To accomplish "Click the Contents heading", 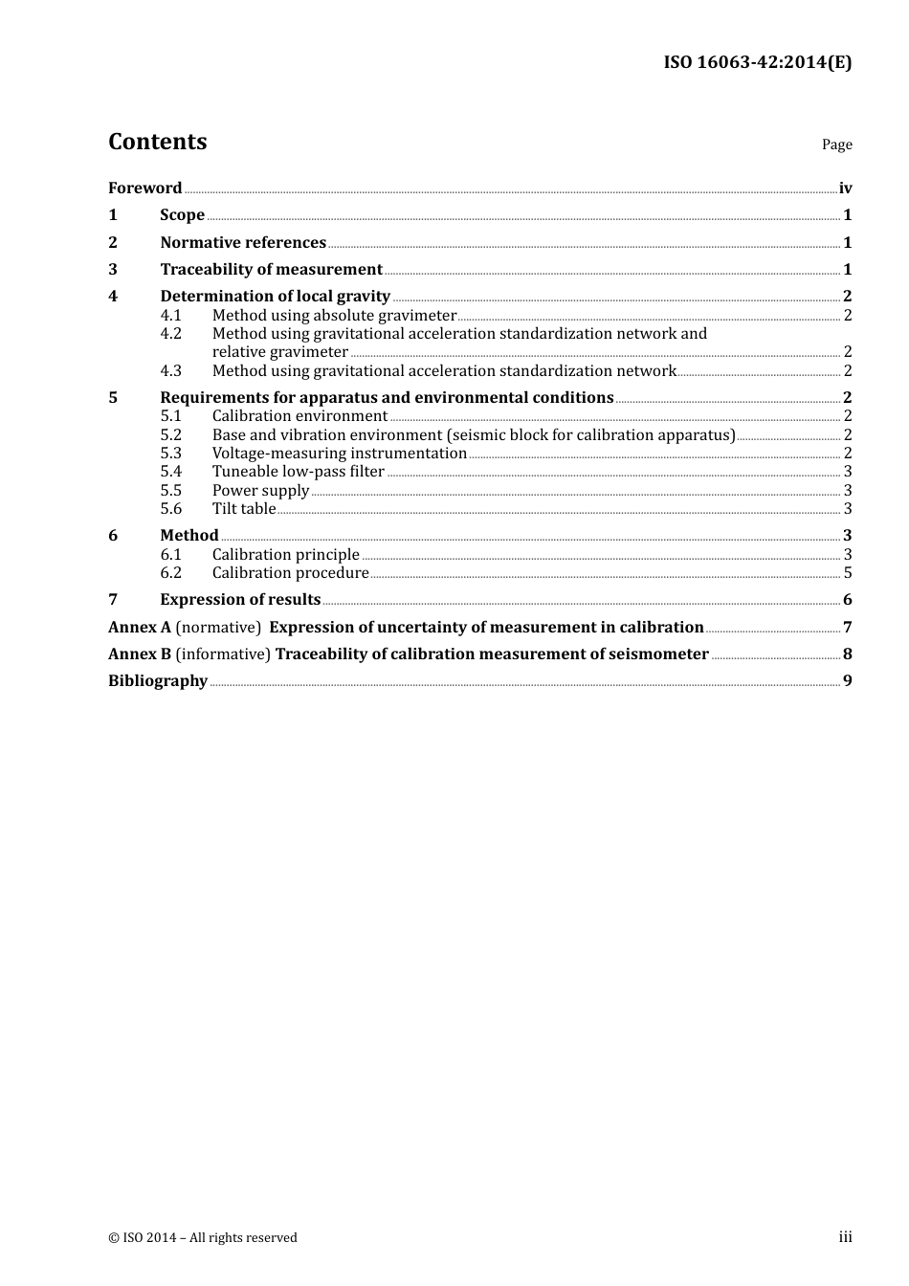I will click(x=157, y=142).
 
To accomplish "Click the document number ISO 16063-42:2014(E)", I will click(x=757, y=62).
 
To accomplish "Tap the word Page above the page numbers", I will click(x=836, y=144).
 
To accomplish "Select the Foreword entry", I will click(x=144, y=188).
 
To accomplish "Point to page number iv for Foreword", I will click(x=845, y=188).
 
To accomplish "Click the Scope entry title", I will click(x=182, y=215).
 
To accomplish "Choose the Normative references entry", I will click(x=243, y=243).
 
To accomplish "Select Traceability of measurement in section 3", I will click(x=271, y=270).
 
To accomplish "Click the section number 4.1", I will click(x=170, y=316).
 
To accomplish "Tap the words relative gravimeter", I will click(x=279, y=352).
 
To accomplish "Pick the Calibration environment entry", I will click(x=299, y=416).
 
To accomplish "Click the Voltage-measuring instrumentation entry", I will click(x=339, y=454).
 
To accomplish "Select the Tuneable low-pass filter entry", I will click(x=298, y=472).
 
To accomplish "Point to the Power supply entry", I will click(x=260, y=491).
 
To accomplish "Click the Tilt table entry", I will click(x=243, y=509).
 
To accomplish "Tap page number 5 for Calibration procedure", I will click(x=847, y=573).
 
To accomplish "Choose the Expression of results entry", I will click(x=240, y=600).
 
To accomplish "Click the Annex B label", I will click(x=140, y=654).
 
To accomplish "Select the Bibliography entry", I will click(x=158, y=681).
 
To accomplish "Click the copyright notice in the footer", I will click(x=203, y=1238).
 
